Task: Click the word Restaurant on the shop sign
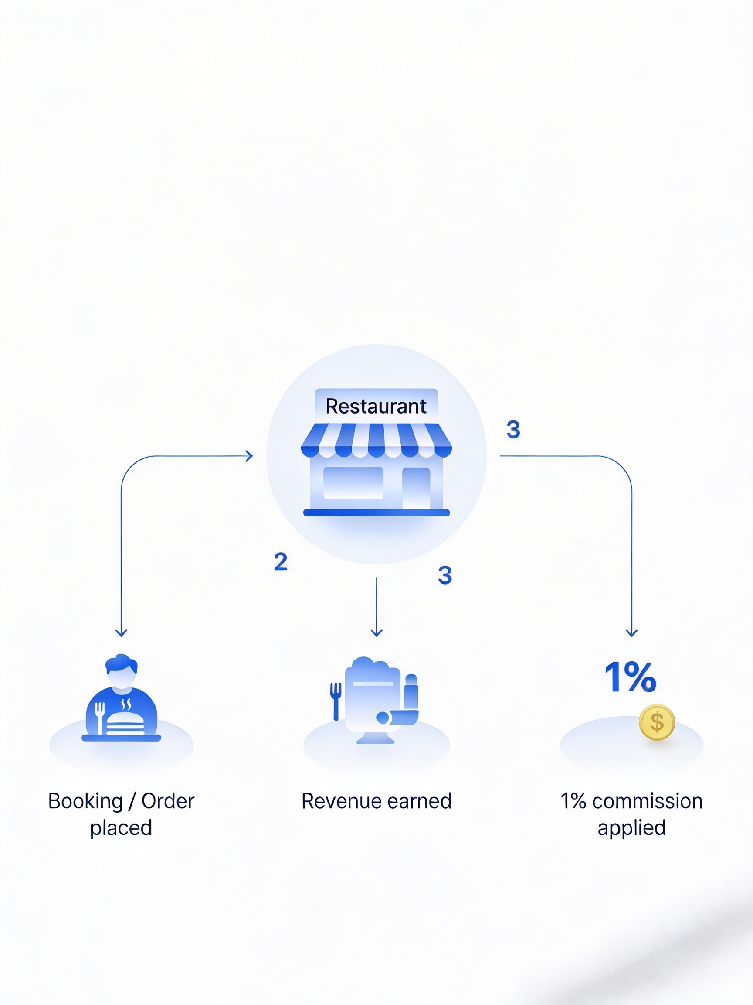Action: coord(376,406)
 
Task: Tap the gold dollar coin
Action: coord(656,722)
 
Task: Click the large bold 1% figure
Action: coord(630,677)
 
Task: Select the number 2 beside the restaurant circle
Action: coord(281,561)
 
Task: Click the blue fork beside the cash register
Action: coord(336,700)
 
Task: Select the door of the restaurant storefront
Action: coord(416,488)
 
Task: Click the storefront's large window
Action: coord(353,483)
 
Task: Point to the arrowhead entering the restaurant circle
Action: coord(249,456)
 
